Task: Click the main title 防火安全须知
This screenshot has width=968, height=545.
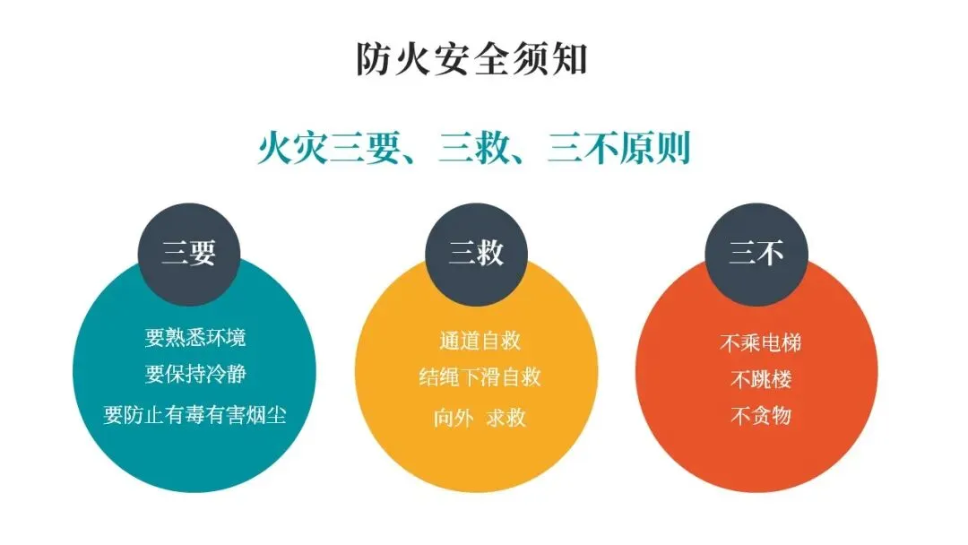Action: (x=472, y=58)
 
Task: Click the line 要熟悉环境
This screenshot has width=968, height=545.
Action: (x=195, y=338)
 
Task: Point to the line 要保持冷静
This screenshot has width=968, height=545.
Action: (x=195, y=373)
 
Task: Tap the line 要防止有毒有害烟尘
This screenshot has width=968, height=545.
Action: (x=195, y=414)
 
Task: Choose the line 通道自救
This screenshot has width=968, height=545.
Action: (x=480, y=341)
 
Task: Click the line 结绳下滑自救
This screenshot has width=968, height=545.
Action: (x=480, y=377)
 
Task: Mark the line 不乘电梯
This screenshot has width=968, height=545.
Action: (x=760, y=342)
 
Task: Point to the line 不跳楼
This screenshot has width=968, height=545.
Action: (x=760, y=379)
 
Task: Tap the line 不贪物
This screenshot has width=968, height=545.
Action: (x=760, y=415)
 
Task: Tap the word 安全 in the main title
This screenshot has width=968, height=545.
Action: (x=472, y=58)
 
